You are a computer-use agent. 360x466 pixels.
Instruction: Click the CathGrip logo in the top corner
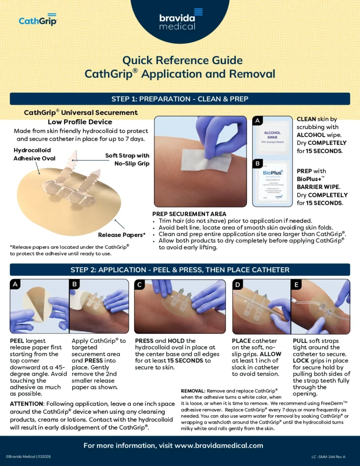(x=38, y=20)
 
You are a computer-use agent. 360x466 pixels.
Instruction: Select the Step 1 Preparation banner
(x=180, y=99)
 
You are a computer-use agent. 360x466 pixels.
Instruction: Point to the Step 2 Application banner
(x=180, y=269)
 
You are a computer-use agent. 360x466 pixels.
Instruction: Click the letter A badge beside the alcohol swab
(x=258, y=121)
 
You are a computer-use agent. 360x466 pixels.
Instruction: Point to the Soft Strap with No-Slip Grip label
(x=127, y=159)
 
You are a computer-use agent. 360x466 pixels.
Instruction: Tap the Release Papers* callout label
(x=122, y=235)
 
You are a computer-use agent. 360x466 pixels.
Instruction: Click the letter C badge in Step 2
(x=140, y=284)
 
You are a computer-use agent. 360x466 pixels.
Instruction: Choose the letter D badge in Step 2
(x=238, y=284)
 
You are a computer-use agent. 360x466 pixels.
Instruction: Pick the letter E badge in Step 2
(x=296, y=284)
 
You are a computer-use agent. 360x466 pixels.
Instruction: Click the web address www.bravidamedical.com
(x=219, y=446)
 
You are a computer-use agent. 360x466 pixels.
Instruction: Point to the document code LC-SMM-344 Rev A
(x=329, y=456)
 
